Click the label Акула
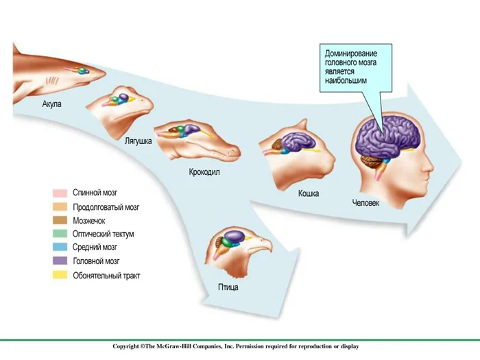click(x=52, y=104)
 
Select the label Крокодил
click(x=204, y=173)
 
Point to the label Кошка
click(x=308, y=193)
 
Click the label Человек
click(x=365, y=203)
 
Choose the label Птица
click(x=229, y=287)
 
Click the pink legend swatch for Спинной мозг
click(x=60, y=193)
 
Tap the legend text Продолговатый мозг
click(x=106, y=207)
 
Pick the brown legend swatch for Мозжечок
click(x=60, y=221)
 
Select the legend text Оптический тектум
click(x=103, y=235)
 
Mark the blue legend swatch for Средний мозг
click(x=60, y=248)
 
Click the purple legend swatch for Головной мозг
click(x=60, y=261)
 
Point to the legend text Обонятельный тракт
click(x=106, y=275)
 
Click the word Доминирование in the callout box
click(x=350, y=53)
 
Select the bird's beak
click(x=263, y=245)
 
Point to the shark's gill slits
click(x=52, y=80)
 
